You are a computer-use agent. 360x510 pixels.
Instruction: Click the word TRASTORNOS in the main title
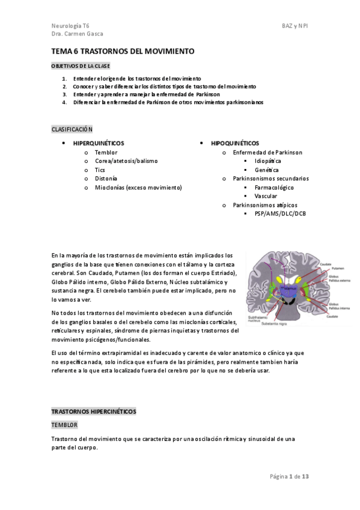(102, 52)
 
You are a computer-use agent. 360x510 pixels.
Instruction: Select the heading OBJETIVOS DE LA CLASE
(81, 66)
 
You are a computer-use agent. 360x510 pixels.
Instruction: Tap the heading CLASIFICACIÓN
(72, 129)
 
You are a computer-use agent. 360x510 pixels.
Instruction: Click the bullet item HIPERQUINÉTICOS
(99, 144)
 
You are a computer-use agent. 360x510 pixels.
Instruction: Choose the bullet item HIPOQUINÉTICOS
(235, 144)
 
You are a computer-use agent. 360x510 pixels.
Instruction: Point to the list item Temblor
(106, 153)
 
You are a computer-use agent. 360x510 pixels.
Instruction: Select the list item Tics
(100, 170)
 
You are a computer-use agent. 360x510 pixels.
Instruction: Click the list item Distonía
(106, 179)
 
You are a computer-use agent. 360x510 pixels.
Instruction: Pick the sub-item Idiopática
(267, 161)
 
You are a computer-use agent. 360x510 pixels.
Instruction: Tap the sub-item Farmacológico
(274, 188)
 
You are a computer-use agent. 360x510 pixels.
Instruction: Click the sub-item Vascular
(266, 196)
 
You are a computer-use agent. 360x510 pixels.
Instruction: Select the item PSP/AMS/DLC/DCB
(280, 214)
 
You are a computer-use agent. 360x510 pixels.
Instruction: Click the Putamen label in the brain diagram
(332, 269)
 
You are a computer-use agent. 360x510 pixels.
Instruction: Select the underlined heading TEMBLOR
(64, 425)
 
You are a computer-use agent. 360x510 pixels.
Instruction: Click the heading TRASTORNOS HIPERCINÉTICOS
(94, 411)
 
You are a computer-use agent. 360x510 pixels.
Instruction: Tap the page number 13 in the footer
(305, 477)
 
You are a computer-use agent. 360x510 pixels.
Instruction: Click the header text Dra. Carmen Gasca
(78, 34)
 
